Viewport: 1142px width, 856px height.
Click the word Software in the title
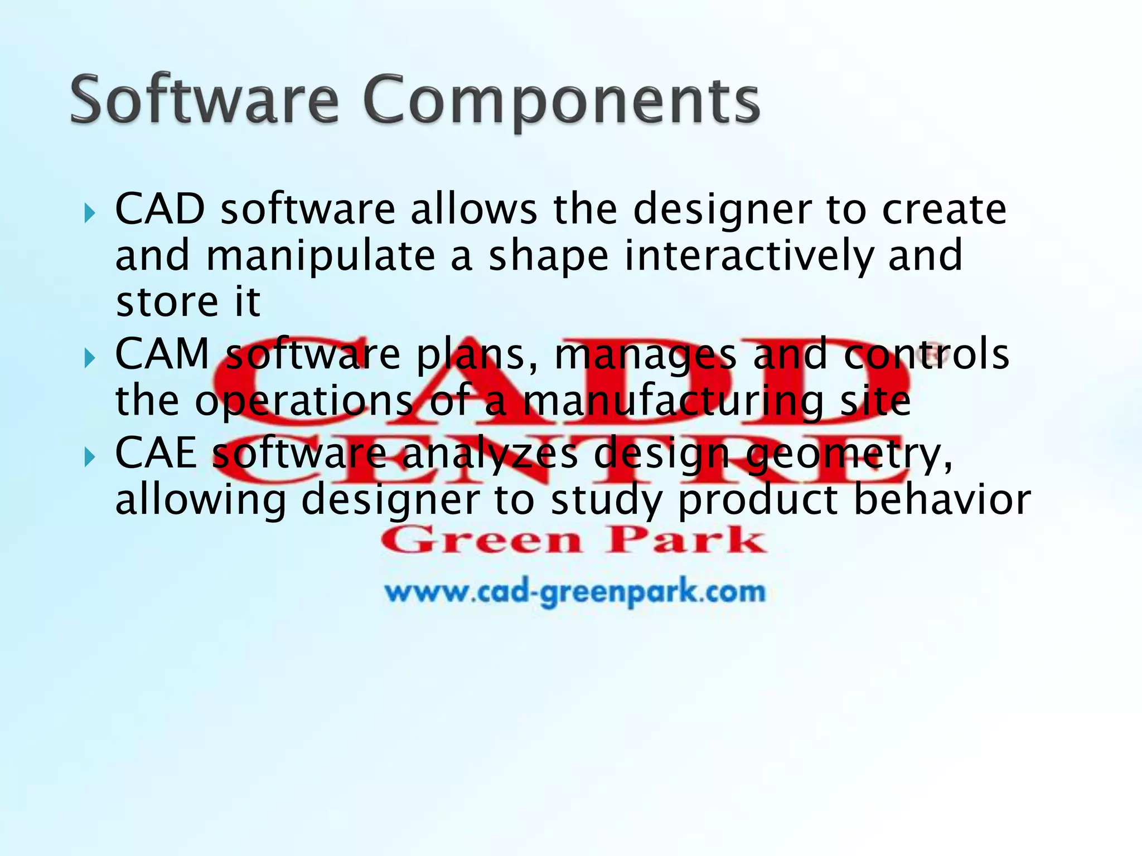pyautogui.click(x=204, y=100)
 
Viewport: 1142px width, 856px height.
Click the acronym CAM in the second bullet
pyautogui.click(x=162, y=354)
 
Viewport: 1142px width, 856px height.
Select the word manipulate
pyautogui.click(x=321, y=256)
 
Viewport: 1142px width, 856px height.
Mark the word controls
pyautogui.click(x=926, y=354)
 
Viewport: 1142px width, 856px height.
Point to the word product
pyautogui.click(x=758, y=500)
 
